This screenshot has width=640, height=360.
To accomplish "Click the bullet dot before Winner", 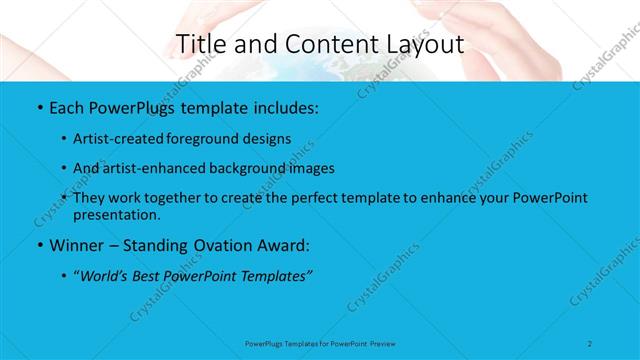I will coord(39,245).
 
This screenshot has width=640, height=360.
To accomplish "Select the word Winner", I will coord(78,245).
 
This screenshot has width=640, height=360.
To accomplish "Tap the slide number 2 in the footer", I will coord(590,343).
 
